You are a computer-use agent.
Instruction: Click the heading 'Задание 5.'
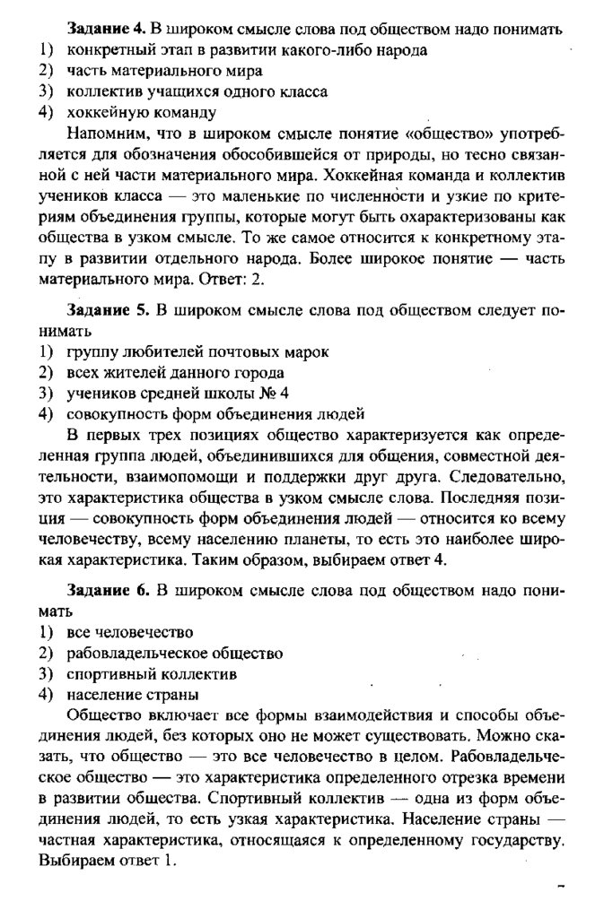pyautogui.click(x=109, y=309)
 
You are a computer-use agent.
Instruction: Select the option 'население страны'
pyautogui.click(x=132, y=694)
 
